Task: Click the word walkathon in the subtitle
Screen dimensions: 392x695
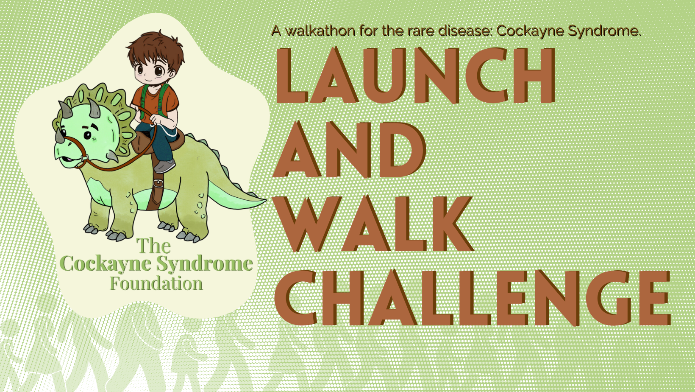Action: pyautogui.click(x=314, y=31)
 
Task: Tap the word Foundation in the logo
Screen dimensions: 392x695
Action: pyautogui.click(x=156, y=283)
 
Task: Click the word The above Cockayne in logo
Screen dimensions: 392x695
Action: pyautogui.click(x=153, y=246)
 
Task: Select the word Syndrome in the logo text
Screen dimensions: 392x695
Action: pyautogui.click(x=205, y=264)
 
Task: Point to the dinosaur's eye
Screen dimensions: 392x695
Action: pyautogui.click(x=88, y=135)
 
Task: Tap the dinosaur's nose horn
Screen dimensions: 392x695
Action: pyautogui.click(x=60, y=136)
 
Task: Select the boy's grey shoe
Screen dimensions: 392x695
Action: pyautogui.click(x=164, y=166)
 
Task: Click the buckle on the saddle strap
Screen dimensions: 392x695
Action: pyautogui.click(x=158, y=184)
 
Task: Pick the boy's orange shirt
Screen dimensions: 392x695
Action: pyautogui.click(x=157, y=102)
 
